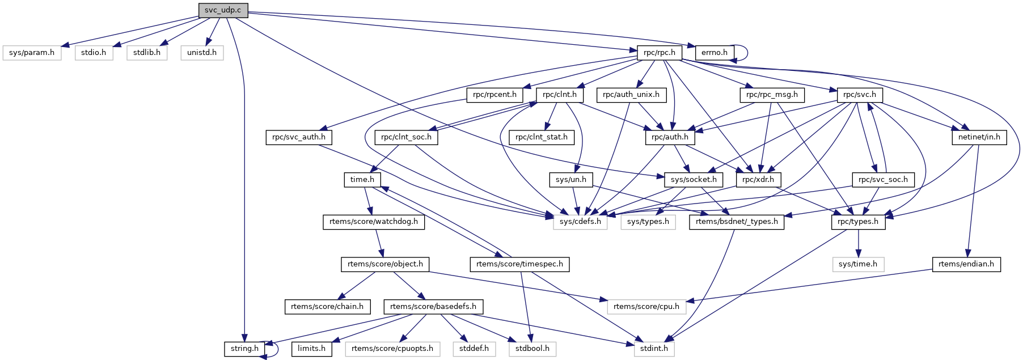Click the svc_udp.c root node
[x=223, y=10]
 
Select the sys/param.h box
[x=32, y=53]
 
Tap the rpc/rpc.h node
[x=659, y=53]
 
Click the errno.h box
[x=714, y=53]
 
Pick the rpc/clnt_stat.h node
[x=541, y=137]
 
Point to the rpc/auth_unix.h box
[x=631, y=95]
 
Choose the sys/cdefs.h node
[x=580, y=222]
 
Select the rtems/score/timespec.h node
[x=519, y=264]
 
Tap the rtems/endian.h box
[x=966, y=264]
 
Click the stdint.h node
[x=654, y=349]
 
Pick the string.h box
[x=244, y=349]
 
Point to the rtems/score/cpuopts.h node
[x=392, y=349]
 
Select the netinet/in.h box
[x=979, y=137]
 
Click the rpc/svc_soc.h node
[x=883, y=180]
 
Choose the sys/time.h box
[x=857, y=264]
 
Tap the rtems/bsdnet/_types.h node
[x=737, y=222]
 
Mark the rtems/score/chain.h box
[x=327, y=307]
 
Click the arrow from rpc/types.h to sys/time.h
[x=858, y=243]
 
